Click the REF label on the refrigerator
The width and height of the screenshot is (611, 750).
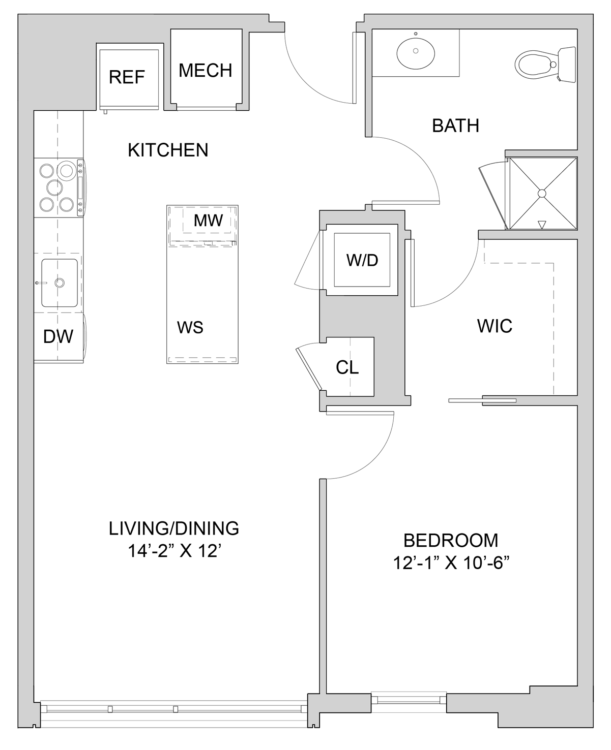pos(127,77)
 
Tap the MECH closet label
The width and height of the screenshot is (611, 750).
pos(206,70)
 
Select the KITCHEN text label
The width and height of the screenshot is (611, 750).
pos(168,150)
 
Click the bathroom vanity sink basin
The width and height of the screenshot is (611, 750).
pos(416,51)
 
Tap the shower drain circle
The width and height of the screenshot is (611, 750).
pos(542,193)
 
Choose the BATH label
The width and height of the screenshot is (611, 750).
pos(455,126)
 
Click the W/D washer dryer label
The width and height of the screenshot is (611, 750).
pos(362,260)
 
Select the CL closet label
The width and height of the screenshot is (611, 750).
pos(347,367)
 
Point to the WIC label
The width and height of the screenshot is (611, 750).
pos(494,326)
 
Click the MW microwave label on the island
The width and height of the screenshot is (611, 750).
pos(209,221)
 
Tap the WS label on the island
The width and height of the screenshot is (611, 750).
pos(190,328)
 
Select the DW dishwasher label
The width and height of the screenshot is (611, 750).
pos(58,336)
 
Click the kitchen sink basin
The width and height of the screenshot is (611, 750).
pos(60,283)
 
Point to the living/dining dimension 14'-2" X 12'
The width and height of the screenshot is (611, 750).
pos(174,551)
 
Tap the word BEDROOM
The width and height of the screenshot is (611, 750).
pos(451,540)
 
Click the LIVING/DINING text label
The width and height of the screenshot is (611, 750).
pos(174,528)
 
